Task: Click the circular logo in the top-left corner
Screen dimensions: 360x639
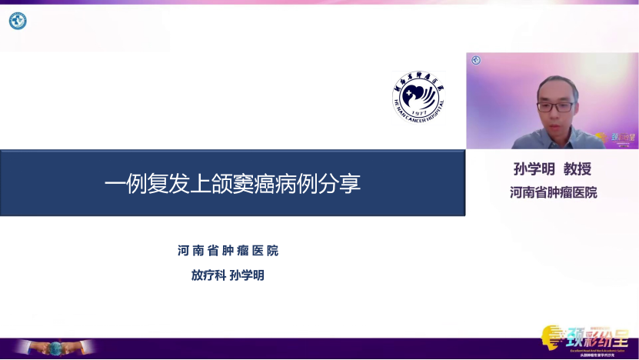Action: pyautogui.click(x=17, y=21)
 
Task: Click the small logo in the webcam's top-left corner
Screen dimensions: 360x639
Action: pyautogui.click(x=476, y=61)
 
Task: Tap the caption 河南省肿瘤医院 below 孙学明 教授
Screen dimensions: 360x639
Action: pyautogui.click(x=554, y=192)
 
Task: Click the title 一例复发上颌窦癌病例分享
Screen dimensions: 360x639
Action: pyautogui.click(x=232, y=184)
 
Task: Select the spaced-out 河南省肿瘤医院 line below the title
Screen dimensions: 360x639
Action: pyautogui.click(x=228, y=251)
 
